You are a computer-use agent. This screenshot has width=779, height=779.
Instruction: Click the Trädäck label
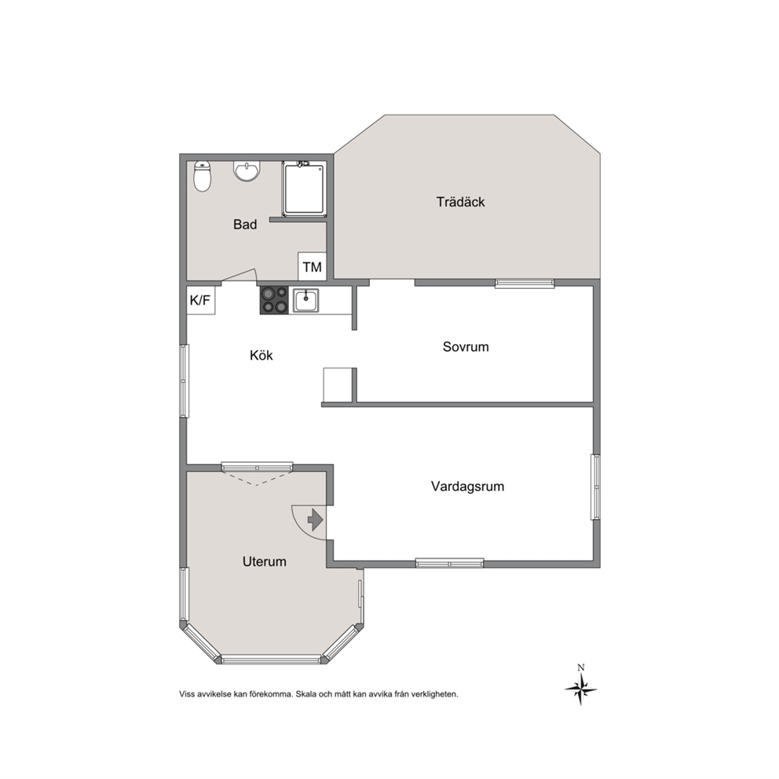(460, 202)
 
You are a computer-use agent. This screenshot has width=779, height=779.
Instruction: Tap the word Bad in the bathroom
(245, 224)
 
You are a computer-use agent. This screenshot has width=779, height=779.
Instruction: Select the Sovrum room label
(466, 346)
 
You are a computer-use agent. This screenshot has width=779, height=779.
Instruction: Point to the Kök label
(261, 355)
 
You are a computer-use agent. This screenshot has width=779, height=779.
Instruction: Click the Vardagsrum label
(467, 486)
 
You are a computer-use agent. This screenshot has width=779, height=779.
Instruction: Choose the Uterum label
(265, 561)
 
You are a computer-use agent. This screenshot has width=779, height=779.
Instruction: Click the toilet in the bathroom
(202, 176)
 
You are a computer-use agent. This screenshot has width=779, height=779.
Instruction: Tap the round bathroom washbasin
(247, 171)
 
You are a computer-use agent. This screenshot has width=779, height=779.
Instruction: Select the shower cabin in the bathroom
(305, 188)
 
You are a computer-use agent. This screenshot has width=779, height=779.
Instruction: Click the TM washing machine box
(312, 267)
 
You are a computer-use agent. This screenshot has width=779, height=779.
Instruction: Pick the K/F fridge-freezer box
(201, 300)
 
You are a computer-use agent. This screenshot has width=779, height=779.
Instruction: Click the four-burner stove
(274, 300)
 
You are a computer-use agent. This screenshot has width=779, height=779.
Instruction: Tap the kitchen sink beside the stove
(305, 301)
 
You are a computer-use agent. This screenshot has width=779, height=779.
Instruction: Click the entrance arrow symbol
(316, 520)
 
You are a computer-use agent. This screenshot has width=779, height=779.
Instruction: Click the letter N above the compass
(581, 667)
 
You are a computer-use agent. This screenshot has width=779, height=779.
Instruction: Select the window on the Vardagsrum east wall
(596, 488)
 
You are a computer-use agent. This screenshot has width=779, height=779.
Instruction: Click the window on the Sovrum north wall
(525, 283)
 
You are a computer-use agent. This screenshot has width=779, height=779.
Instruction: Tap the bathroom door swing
(240, 276)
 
